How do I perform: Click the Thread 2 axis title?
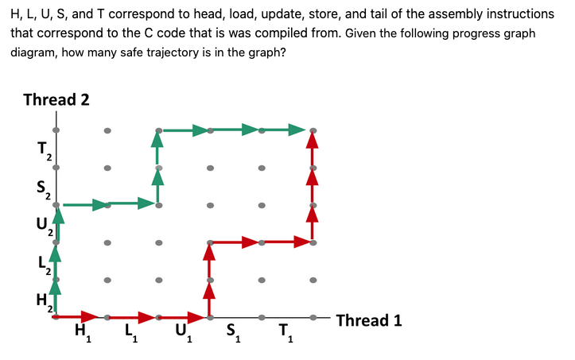pos(56,99)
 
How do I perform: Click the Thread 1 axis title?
pos(368,320)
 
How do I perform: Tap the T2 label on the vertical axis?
pos(44,149)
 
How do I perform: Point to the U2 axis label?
pos(44,225)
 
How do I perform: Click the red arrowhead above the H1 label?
pos(87,317)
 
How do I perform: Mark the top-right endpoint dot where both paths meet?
pos(313,130)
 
